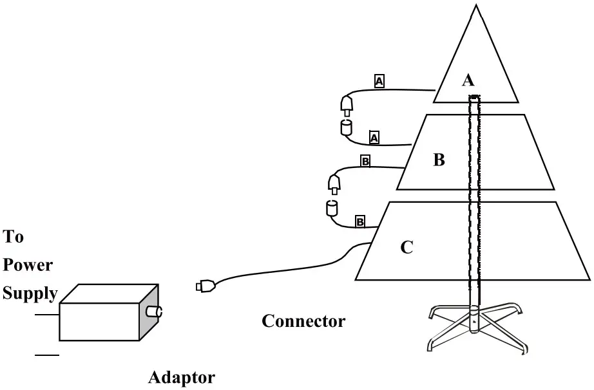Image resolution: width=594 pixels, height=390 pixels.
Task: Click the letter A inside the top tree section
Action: [468, 80]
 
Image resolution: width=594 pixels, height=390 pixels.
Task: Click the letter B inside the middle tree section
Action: [439, 160]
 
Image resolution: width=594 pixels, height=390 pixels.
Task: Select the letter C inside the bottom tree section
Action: [407, 247]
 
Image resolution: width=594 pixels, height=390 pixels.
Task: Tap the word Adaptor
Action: [182, 377]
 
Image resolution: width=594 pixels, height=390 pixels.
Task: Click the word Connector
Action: [303, 320]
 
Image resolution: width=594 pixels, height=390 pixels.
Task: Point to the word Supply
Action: [30, 293]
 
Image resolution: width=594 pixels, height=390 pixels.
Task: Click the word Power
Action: [28, 265]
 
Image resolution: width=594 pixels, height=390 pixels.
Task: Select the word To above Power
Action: [14, 237]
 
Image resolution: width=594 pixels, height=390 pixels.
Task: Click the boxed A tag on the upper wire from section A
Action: [379, 81]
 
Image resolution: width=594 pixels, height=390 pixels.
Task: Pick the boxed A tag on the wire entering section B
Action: [374, 137]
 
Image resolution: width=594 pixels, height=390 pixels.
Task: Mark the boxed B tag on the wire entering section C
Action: [360, 222]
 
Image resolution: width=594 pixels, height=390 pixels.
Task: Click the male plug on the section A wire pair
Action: [347, 106]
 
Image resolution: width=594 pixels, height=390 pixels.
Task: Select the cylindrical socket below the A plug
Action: [347, 127]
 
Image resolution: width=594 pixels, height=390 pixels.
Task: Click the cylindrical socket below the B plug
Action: [332, 208]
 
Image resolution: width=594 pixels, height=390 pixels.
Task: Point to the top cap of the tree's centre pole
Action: [474, 97]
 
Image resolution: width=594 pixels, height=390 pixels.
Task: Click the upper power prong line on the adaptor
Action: [47, 315]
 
